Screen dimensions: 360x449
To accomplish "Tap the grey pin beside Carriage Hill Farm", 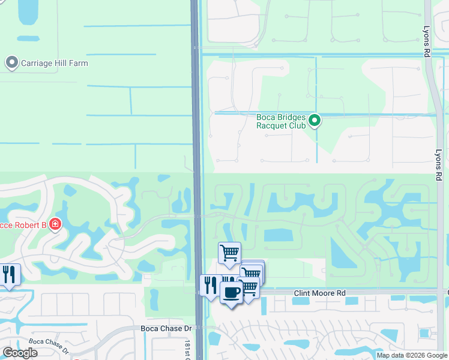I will point(11,62).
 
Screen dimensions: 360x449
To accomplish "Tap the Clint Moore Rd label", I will point(320,293).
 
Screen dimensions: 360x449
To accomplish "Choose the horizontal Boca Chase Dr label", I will point(166,328).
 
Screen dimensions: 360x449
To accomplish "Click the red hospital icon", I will point(55,224).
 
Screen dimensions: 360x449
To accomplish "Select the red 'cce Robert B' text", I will point(23,224).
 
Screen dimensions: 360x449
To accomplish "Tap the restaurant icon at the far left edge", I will point(8,275).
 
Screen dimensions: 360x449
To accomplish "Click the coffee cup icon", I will point(231,293).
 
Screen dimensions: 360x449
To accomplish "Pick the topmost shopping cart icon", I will point(229,253).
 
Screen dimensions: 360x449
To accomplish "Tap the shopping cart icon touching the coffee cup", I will point(249,289).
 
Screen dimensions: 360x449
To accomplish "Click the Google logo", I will point(20,353).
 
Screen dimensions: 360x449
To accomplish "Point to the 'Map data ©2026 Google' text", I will point(412,355).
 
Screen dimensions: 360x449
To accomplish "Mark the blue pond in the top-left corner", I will point(28,12).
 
